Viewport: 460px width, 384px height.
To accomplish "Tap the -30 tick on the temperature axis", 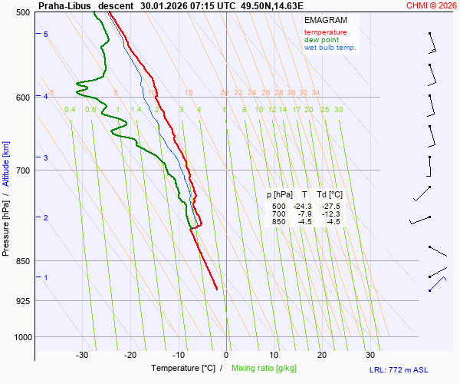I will tap(82, 355).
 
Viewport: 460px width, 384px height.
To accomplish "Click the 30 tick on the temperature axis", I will tap(370, 355).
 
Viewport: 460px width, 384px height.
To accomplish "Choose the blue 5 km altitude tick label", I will tap(46, 35).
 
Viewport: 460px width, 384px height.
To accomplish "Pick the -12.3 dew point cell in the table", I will tap(331, 214).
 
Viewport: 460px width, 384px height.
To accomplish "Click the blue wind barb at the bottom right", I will tap(437, 283).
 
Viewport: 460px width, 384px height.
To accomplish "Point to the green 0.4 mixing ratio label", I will tap(70, 110).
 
